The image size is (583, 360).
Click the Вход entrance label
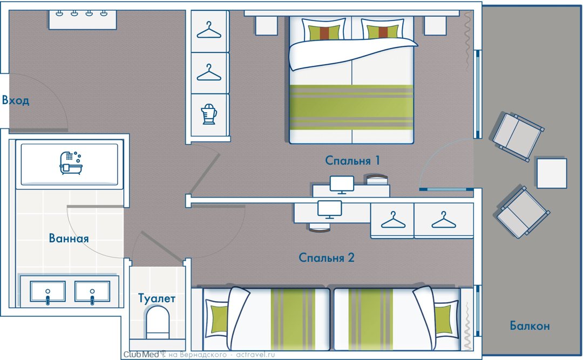(x=16, y=101)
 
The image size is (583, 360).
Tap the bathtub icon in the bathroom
(x=71, y=162)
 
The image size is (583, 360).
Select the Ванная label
(x=69, y=238)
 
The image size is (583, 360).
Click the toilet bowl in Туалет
(x=158, y=321)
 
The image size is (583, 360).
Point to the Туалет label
(x=157, y=298)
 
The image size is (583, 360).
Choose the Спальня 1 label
(x=353, y=160)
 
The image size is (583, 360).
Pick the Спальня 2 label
(x=327, y=257)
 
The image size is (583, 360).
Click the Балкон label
(x=530, y=325)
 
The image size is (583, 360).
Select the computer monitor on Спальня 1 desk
(x=342, y=184)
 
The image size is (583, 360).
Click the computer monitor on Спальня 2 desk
(x=329, y=209)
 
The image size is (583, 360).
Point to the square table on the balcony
(x=551, y=173)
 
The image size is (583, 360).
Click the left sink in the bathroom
(x=48, y=293)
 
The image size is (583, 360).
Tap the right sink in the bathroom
(x=92, y=293)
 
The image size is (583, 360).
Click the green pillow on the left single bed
(x=219, y=320)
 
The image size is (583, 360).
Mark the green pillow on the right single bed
(x=443, y=320)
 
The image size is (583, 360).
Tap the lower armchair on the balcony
(x=521, y=212)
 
